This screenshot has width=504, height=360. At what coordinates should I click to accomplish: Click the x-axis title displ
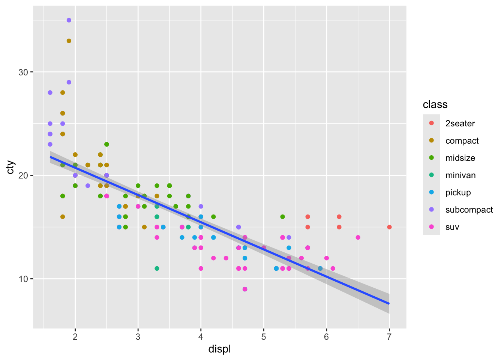point(219,349)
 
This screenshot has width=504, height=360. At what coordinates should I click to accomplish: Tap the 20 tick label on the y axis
point(24,175)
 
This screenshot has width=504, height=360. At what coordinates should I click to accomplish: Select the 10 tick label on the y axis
point(24,279)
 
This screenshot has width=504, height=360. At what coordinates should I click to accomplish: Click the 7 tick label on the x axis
point(389,337)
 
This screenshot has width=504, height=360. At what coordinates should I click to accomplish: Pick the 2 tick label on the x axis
point(75,337)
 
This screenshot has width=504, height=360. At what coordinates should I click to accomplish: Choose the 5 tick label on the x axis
point(264,337)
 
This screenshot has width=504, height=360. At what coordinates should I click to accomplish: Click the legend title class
point(435,105)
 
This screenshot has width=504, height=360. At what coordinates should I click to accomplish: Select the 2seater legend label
point(460,123)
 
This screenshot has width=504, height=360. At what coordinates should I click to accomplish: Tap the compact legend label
point(462,141)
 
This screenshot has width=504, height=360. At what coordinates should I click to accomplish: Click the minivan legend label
point(460,175)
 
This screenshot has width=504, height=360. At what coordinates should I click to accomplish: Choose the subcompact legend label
point(469,210)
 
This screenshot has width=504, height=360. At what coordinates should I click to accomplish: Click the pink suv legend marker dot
point(432,227)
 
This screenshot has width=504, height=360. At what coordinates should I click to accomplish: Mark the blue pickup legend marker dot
point(432,192)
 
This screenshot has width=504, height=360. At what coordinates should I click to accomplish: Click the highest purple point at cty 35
point(69,20)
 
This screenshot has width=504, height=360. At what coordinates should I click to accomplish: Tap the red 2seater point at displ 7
point(389,227)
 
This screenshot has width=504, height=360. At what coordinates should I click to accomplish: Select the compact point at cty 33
point(69,41)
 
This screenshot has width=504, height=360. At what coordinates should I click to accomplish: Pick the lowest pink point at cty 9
point(245,289)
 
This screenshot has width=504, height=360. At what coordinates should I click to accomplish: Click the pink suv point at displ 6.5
point(358,237)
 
